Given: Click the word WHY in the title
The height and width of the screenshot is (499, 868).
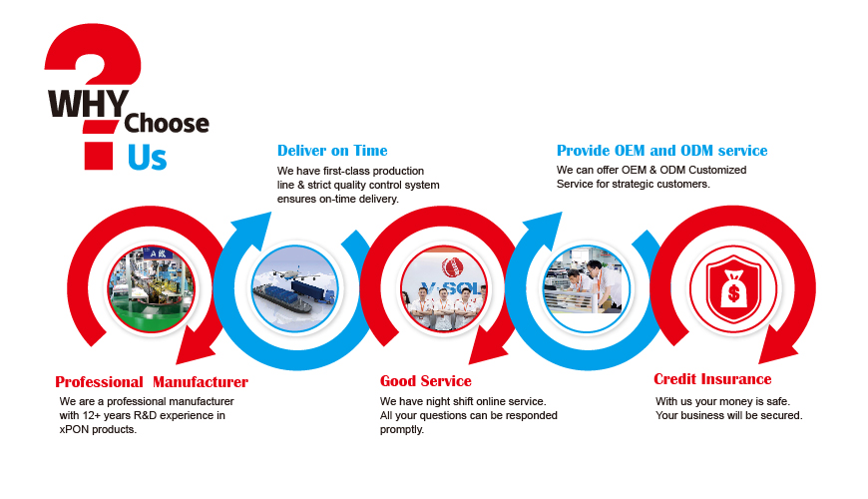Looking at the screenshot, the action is click(89, 104).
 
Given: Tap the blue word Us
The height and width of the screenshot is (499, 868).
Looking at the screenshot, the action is click(147, 158).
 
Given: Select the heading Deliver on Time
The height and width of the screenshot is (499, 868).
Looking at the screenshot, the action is click(332, 151).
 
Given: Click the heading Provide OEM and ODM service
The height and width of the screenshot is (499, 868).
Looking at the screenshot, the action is click(662, 151).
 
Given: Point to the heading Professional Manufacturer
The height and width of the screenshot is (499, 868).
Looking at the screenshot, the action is click(152, 382).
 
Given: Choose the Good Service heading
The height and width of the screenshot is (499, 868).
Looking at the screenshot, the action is click(426, 381).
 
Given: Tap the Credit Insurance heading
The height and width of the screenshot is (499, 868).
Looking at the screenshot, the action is click(712, 379).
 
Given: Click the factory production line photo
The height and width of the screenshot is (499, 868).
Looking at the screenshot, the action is click(151, 289).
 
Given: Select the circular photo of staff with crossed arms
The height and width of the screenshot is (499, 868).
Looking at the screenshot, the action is click(444, 289).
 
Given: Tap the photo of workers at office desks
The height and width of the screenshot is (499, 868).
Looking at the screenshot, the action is click(587, 289).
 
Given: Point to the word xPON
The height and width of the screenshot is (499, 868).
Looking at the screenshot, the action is click(74, 430).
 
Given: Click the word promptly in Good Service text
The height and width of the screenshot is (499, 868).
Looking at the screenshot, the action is click(402, 430).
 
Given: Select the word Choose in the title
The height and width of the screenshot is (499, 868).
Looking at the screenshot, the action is click(167, 124).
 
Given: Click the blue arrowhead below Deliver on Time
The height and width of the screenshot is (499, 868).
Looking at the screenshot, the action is click(253, 229).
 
